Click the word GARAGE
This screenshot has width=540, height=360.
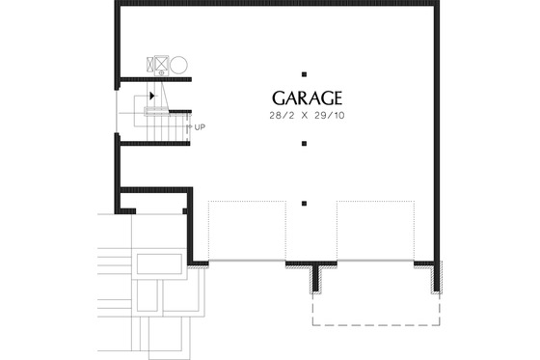pyautogui.click(x=308, y=98)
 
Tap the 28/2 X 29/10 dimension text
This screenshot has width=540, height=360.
pyautogui.click(x=308, y=116)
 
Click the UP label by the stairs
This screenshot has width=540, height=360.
pyautogui.click(x=200, y=127)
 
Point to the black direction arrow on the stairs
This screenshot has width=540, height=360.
pyautogui.click(x=152, y=96)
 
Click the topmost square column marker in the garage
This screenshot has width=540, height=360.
pyautogui.click(x=304, y=74)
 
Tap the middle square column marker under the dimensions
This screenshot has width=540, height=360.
pyautogui.click(x=304, y=144)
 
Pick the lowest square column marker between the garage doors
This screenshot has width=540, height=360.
pyautogui.click(x=304, y=204)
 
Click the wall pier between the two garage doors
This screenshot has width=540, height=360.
pyautogui.click(x=314, y=277)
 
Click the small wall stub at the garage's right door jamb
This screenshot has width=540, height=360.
pyautogui.click(x=434, y=277)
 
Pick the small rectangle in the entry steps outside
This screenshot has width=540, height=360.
pyautogui.click(x=158, y=263)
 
